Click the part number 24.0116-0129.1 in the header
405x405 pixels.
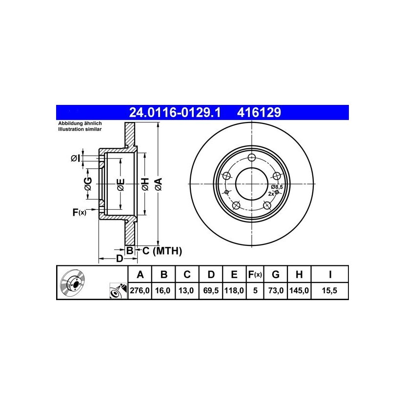click(x=175, y=113)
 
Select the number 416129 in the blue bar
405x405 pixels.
click(x=259, y=113)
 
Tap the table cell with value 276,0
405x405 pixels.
click(x=140, y=291)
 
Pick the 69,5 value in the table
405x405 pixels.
click(x=211, y=291)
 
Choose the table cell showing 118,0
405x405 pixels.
click(x=234, y=291)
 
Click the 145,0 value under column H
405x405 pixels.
click(x=299, y=291)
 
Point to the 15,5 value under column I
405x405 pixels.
click(x=329, y=291)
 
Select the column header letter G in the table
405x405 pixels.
click(x=276, y=275)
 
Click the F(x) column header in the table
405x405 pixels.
click(x=255, y=275)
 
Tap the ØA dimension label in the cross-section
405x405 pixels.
click(x=158, y=184)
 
